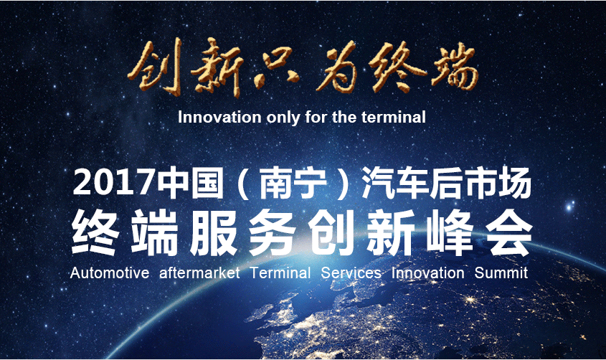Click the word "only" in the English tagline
click(283, 118)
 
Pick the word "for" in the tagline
click(316, 117)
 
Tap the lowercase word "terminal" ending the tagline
click(394, 117)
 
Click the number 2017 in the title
click(113, 183)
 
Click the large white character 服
click(212, 232)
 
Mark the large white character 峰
click(450, 232)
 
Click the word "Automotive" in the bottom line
click(110, 273)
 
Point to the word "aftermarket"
click(199, 273)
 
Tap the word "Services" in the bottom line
click(351, 273)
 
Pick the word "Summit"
click(501, 273)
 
